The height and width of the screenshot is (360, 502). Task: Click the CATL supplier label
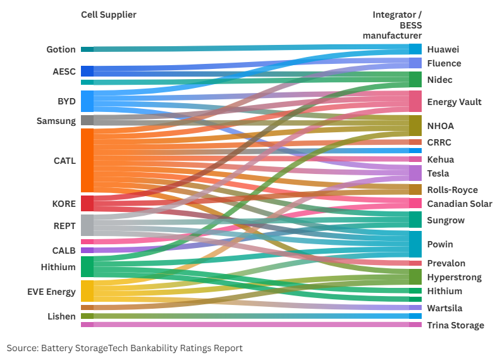[x=64, y=161]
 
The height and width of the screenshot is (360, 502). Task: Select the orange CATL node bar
[x=87, y=160]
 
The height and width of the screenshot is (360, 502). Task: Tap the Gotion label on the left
[x=61, y=49]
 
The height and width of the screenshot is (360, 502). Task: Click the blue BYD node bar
[x=87, y=101]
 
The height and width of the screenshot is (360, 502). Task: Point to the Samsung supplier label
[x=56, y=120]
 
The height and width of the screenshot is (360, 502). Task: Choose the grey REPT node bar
[x=87, y=225]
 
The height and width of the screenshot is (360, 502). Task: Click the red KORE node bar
[x=87, y=203]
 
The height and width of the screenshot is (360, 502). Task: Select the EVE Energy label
[x=52, y=292]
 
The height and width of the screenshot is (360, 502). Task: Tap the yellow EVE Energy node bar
[x=87, y=291]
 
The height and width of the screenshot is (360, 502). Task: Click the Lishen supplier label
[x=61, y=316]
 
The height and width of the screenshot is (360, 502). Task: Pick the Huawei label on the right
[x=443, y=49]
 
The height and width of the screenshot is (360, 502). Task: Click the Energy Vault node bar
[x=415, y=101]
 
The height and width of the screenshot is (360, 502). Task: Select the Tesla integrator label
[x=438, y=173]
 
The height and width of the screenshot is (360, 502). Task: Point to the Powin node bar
[x=415, y=244]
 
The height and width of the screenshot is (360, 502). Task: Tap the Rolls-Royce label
[x=453, y=190]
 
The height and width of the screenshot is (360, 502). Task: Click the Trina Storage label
[x=455, y=325]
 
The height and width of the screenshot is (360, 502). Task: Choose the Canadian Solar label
[x=460, y=204]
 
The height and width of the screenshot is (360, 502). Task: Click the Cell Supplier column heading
[x=109, y=15]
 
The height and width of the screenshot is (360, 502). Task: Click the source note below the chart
[x=125, y=348]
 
